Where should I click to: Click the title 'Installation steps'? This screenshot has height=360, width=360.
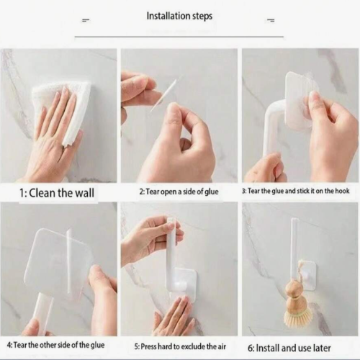179,16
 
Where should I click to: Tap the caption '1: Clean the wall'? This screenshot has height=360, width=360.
57,193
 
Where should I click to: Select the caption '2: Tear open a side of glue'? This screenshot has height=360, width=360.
179,192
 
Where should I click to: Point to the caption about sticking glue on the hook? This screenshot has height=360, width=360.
296,191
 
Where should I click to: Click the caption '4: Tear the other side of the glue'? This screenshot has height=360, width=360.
55,345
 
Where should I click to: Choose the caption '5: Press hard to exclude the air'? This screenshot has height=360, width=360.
180,346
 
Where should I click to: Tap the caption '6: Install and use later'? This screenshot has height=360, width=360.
289,348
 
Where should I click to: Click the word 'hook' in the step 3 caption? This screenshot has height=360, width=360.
342,191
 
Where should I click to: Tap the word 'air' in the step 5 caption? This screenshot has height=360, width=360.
221,347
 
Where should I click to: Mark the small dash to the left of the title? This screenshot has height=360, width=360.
86,20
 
